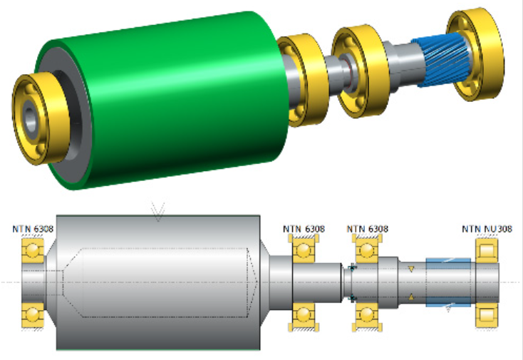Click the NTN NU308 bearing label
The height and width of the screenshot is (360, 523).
[487, 229]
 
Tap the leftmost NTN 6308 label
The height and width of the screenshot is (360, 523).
[33, 229]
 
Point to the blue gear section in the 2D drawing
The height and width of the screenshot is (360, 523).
[448, 282]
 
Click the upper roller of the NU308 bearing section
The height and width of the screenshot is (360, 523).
[487, 250]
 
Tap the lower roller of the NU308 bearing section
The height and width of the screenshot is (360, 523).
[487, 315]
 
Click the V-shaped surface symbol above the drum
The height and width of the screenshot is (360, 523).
[157, 212]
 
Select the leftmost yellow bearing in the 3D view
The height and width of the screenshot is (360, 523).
[40, 118]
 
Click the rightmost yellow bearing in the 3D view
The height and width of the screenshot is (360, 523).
[475, 53]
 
